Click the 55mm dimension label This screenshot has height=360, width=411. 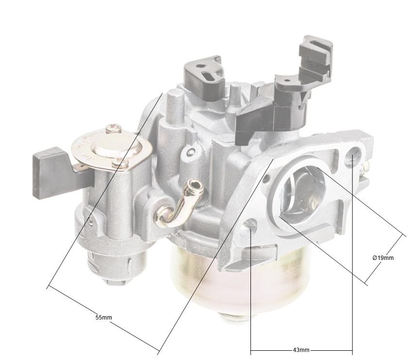click(103, 317)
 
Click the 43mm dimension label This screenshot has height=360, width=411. click(301, 350)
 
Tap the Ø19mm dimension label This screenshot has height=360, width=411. click(383, 257)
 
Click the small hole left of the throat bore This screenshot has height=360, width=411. click(266, 180)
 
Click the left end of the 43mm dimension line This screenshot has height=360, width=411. click(250, 350)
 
